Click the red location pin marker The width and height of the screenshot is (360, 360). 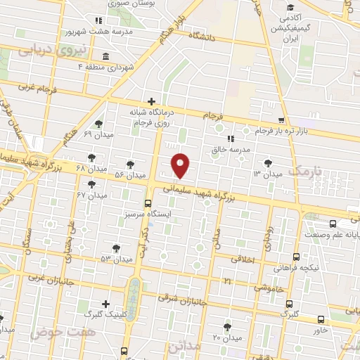(x=181, y=165)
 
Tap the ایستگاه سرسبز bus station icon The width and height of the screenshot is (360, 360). (x=147, y=203)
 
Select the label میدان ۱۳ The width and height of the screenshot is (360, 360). (x=267, y=173)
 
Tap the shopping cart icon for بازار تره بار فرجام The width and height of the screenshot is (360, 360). (x=281, y=121)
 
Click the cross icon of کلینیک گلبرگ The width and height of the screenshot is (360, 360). (x=105, y=304)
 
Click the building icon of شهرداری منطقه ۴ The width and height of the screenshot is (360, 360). (x=105, y=56)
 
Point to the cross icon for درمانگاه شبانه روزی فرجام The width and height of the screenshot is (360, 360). (x=151, y=102)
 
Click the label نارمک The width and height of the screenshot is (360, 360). (x=309, y=171)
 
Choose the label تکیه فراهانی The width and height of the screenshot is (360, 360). (x=320, y=268)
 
